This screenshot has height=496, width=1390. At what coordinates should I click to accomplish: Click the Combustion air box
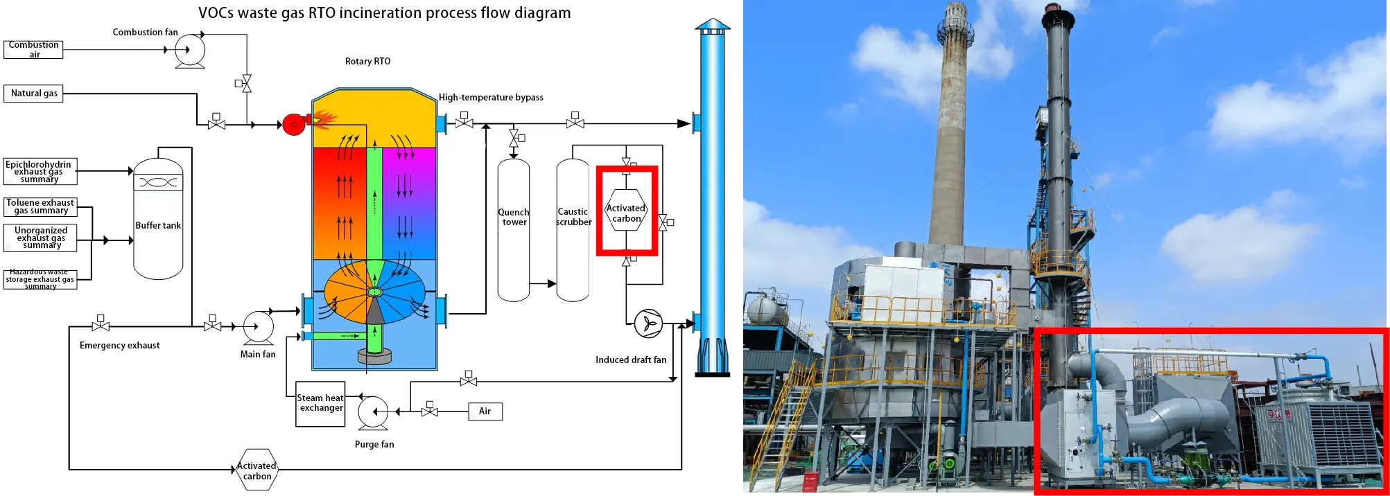33,49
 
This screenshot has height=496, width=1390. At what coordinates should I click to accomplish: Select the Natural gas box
33,94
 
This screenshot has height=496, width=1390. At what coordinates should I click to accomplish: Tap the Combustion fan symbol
189,50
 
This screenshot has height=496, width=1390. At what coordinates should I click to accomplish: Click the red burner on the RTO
295,125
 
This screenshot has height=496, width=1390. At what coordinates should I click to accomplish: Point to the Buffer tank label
158,226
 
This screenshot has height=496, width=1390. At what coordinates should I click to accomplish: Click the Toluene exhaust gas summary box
40,207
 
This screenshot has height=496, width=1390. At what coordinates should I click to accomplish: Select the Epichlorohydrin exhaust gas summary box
40,172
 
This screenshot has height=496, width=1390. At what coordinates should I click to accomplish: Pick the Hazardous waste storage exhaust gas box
40,279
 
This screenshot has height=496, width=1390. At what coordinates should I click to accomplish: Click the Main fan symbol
258,326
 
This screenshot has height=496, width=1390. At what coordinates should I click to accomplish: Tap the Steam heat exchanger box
320,403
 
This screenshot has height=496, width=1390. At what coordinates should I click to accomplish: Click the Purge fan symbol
373,411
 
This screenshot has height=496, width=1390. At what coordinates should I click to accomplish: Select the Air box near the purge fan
485,411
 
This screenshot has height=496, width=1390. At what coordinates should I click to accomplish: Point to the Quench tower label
514,218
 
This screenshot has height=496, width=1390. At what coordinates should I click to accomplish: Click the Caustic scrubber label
573,217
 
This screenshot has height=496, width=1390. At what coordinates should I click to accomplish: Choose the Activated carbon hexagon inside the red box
626,213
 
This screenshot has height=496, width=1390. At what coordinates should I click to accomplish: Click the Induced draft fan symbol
648,324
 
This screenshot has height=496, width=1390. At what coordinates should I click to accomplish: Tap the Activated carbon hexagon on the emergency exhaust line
257,470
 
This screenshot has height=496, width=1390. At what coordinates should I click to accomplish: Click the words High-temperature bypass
491,98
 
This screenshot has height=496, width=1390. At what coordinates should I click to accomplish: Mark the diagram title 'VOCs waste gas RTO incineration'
384,13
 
